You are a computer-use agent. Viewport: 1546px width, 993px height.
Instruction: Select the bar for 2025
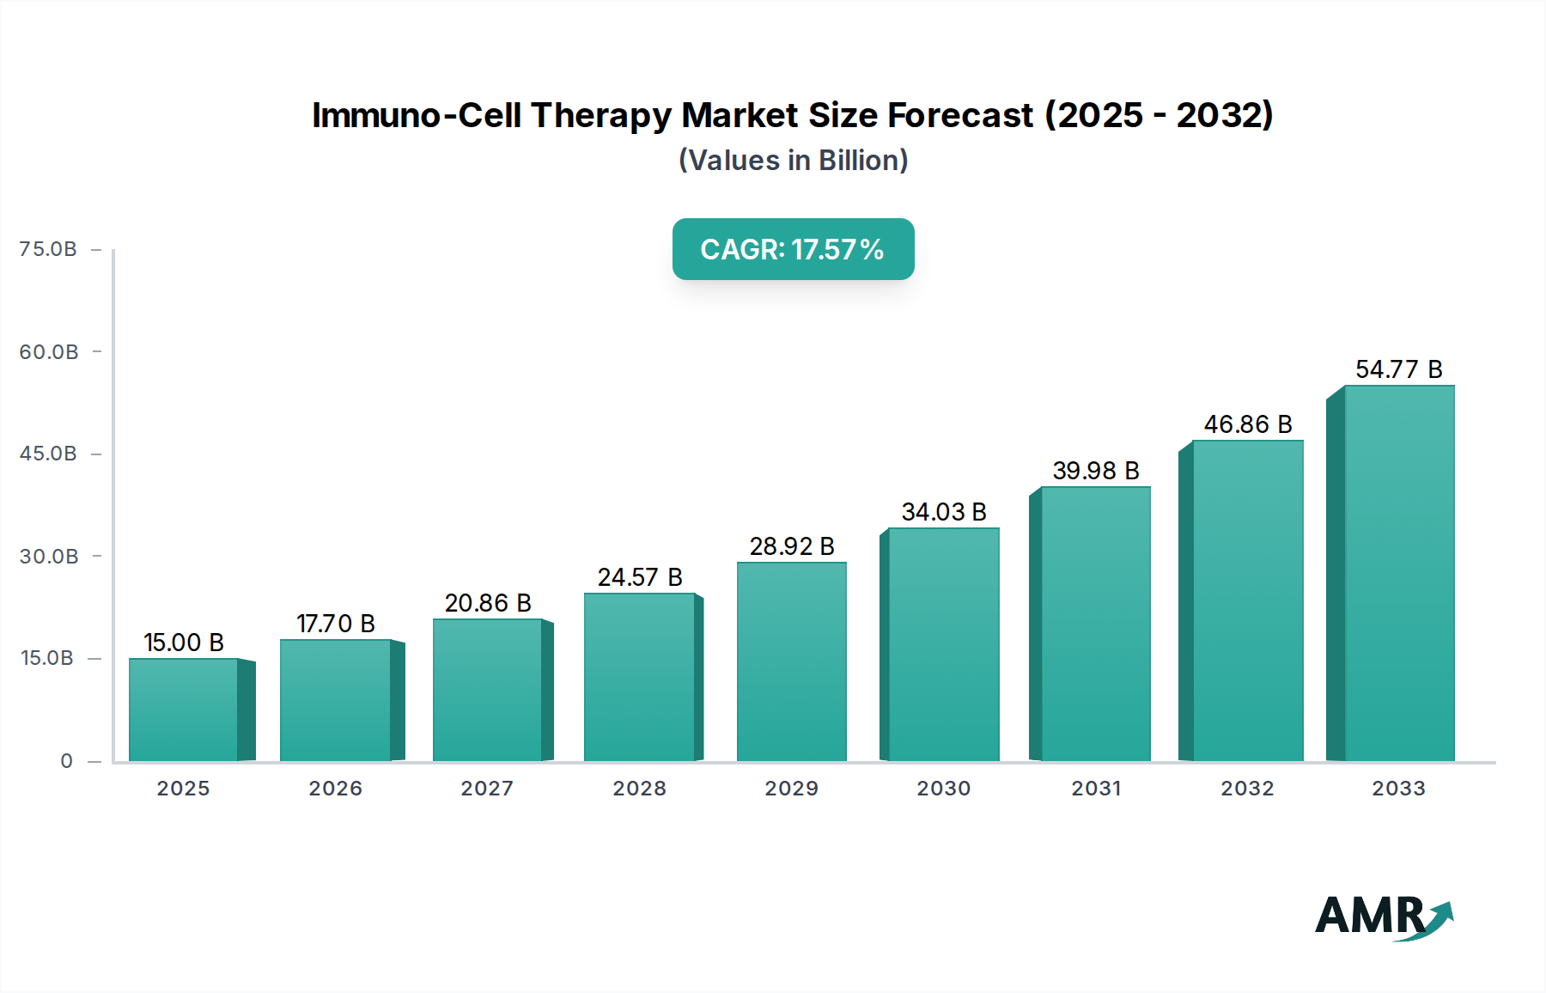pos(183,710)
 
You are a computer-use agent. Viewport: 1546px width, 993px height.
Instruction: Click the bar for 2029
pos(791,661)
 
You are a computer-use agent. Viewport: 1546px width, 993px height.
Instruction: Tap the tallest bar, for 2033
pos(1398,573)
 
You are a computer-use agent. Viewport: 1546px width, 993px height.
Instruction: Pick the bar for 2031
pos(1095,624)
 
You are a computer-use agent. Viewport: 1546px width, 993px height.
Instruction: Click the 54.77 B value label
pos(1398,369)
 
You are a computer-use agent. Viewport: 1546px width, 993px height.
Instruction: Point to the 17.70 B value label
pos(336,624)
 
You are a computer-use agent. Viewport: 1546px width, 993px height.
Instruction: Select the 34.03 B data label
pos(944,512)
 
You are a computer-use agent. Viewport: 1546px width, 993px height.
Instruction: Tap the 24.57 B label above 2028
pos(640,577)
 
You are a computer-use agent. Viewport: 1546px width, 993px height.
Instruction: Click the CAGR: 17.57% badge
pos(793,249)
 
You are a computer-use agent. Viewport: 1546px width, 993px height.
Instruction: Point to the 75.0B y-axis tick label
pos(48,249)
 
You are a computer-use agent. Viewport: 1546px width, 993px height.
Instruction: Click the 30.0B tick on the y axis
pos(49,557)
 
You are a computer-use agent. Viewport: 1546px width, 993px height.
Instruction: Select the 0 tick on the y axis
pos(66,761)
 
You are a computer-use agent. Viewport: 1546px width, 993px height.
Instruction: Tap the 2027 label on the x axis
pos(487,789)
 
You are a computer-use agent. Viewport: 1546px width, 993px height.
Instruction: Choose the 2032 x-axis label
pos(1247,789)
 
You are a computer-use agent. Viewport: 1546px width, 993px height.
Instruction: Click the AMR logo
pos(1383,917)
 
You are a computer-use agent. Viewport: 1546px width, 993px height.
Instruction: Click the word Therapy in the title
pos(601,115)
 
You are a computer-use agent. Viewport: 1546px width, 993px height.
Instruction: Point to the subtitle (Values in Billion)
pos(793,161)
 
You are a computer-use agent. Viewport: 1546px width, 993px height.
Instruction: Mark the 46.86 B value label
pos(1247,424)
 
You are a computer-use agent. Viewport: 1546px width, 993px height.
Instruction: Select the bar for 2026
pos(335,700)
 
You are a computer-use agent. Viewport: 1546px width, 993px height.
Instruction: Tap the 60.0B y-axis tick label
pos(49,352)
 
